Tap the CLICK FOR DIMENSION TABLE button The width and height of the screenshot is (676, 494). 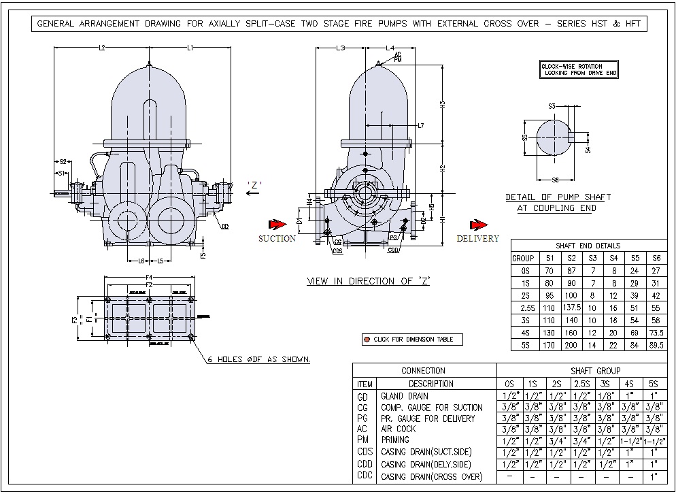tap(412, 339)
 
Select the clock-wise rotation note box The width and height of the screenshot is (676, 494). tap(579, 69)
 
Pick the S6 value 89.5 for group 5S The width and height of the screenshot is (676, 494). tap(656, 345)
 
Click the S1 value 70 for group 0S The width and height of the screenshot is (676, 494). tap(549, 270)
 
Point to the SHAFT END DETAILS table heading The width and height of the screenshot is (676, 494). tap(588, 246)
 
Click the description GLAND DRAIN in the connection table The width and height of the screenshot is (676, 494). tap(405, 396)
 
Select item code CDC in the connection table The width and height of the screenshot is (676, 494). tap(364, 476)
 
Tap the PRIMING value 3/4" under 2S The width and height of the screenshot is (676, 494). tap(556, 440)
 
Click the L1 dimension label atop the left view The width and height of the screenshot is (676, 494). tap(191, 48)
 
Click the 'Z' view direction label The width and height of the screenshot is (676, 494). tap(255, 184)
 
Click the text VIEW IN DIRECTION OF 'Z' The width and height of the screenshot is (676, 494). tap(369, 281)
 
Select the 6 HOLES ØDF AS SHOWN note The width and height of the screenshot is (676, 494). tap(260, 359)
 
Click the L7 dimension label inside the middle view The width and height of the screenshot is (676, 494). tap(421, 127)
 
